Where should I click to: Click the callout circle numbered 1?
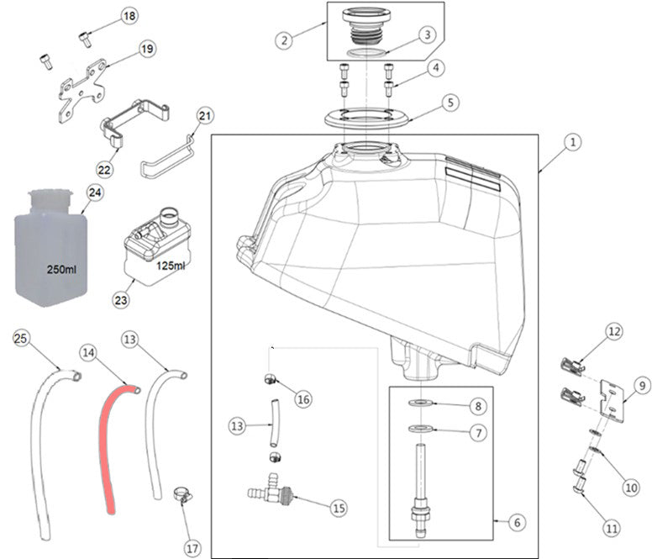[x=571, y=143]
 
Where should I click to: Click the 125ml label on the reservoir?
[x=171, y=266]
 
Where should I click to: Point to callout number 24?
[x=94, y=193]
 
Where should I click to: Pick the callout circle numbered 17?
[x=192, y=548]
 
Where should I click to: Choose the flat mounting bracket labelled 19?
[x=82, y=88]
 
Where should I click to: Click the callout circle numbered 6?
[x=517, y=522]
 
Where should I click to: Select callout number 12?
[x=614, y=332]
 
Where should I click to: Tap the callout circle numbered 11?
[x=611, y=529]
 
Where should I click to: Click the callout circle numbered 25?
[x=21, y=339]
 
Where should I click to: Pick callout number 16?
[x=303, y=399]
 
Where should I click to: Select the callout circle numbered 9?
[x=643, y=386]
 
